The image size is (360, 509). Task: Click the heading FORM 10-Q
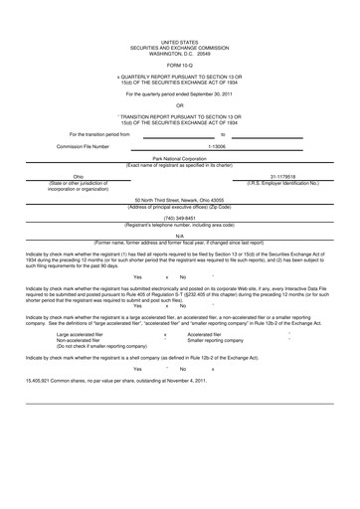click(179, 67)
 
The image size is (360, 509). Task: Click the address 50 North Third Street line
click(179, 200)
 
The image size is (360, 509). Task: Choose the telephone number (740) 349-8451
click(179, 217)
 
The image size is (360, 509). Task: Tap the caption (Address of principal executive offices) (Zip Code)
click(179, 206)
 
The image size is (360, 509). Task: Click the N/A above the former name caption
click(179, 236)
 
